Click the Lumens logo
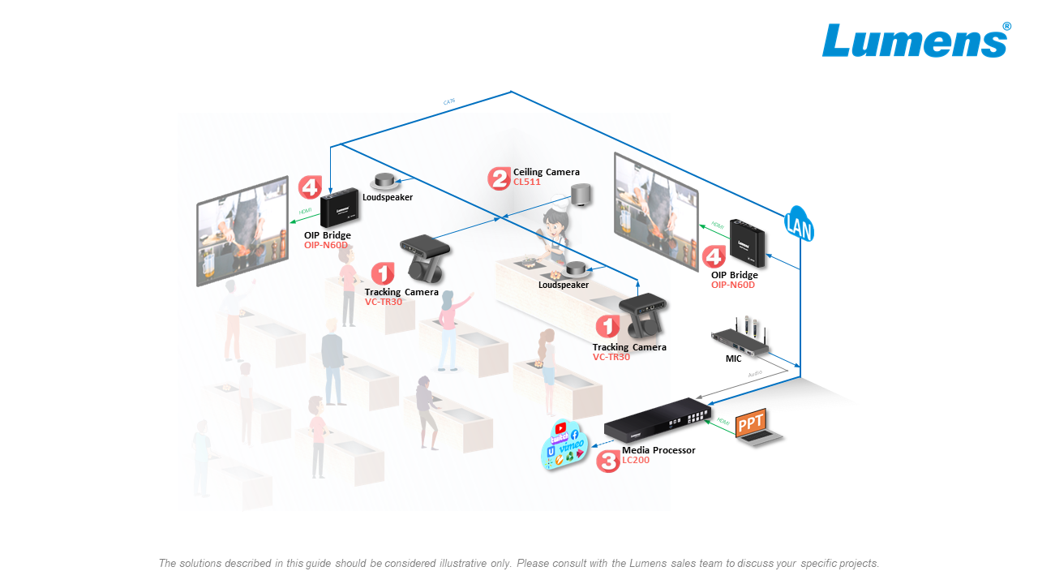click(x=916, y=41)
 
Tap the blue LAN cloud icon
click(x=799, y=224)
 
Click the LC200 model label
click(x=636, y=461)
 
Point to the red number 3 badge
click(x=607, y=462)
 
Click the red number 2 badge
click(x=499, y=178)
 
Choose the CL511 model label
click(x=527, y=182)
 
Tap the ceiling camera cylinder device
click(x=580, y=195)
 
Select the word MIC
click(x=733, y=359)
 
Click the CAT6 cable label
click(x=448, y=102)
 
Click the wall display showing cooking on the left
click(x=242, y=230)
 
